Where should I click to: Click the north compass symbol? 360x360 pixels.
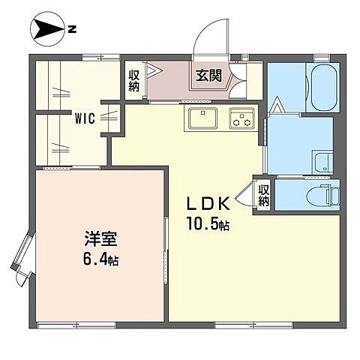tap(47, 29)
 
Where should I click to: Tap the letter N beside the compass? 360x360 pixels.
tap(72, 29)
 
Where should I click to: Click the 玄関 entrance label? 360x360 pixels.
tap(208, 74)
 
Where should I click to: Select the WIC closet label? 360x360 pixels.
tap(85, 118)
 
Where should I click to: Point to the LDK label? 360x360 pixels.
tap(208, 203)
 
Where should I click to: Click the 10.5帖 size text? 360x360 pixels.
tap(208, 223)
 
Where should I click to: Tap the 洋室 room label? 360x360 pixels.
tap(100, 238)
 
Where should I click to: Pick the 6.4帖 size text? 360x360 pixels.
tap(100, 259)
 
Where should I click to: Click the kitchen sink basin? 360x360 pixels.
tap(202, 118)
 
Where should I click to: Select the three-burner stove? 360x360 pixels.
tap(241, 118)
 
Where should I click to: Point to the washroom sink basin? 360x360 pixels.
tap(323, 163)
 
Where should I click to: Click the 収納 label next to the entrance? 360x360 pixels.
tap(133, 81)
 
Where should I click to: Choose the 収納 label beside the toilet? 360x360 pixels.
tap(264, 195)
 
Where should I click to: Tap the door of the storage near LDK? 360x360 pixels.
tap(244, 193)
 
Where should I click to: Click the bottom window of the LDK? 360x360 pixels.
tap(253, 325)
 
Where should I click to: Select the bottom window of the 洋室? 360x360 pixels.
tap(76, 325)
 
